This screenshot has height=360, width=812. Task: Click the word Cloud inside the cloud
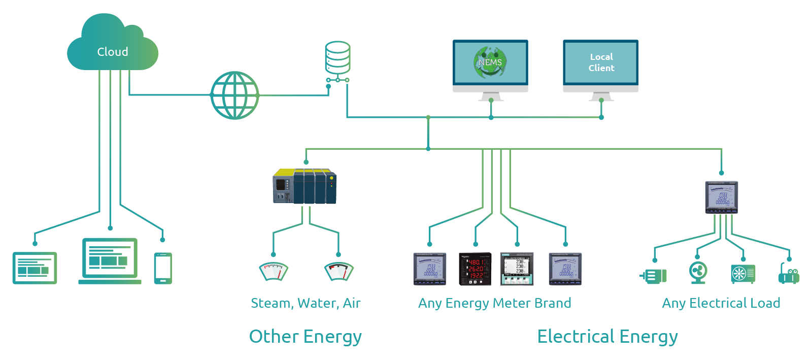(x=113, y=52)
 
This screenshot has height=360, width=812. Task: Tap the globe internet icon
(x=234, y=95)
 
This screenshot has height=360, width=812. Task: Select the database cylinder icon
(x=337, y=57)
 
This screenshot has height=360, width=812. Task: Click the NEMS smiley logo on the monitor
(x=490, y=62)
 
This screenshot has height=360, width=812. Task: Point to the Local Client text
(x=601, y=62)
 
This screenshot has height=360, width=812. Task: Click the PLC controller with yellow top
(x=304, y=186)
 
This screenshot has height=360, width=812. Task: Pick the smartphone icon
(x=163, y=268)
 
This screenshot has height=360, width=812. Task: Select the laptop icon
(x=110, y=260)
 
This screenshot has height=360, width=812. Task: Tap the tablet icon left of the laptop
(x=35, y=268)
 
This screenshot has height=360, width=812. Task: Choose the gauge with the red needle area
(x=339, y=271)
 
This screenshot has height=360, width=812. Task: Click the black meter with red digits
(x=475, y=269)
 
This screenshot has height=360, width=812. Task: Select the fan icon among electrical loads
(x=698, y=272)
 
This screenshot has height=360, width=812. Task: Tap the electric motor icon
(x=654, y=276)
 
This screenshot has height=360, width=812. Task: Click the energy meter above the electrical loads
(x=721, y=197)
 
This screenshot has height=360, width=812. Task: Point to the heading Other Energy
(x=305, y=337)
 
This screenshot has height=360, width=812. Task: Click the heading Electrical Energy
(x=607, y=337)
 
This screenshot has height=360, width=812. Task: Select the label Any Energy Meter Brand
(x=494, y=303)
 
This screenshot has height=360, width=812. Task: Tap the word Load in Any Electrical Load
(x=765, y=303)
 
